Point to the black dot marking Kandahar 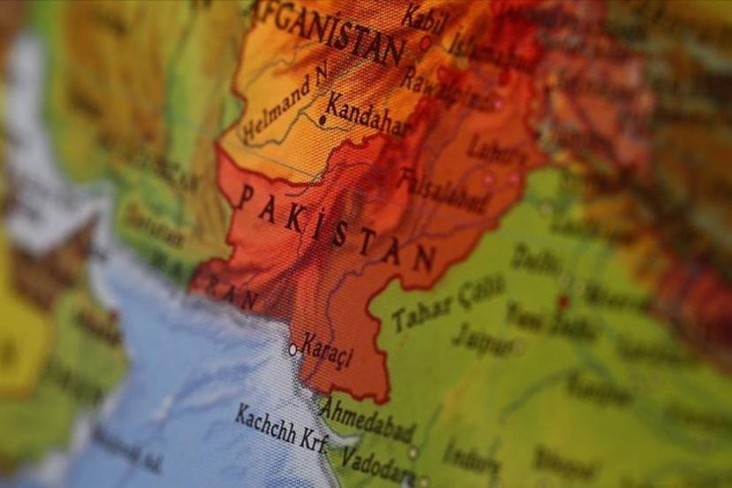pos(324,119)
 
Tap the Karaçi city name pos(327,349)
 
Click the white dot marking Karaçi pos(293,349)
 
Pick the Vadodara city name pos(375,461)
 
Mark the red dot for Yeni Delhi pos(562,301)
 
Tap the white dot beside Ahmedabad pos(412,452)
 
